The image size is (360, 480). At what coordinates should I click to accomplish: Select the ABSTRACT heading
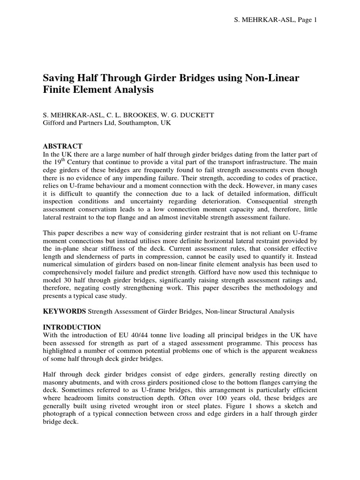tap(63, 146)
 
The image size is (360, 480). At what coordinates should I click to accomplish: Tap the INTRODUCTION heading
tap(72, 327)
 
